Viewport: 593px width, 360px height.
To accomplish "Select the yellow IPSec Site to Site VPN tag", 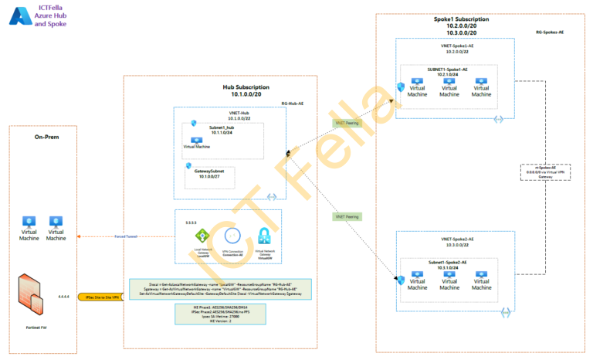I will (x=102, y=296).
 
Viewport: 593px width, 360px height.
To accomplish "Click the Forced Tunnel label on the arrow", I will (x=125, y=236).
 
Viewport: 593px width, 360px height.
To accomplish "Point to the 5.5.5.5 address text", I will (x=191, y=222).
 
